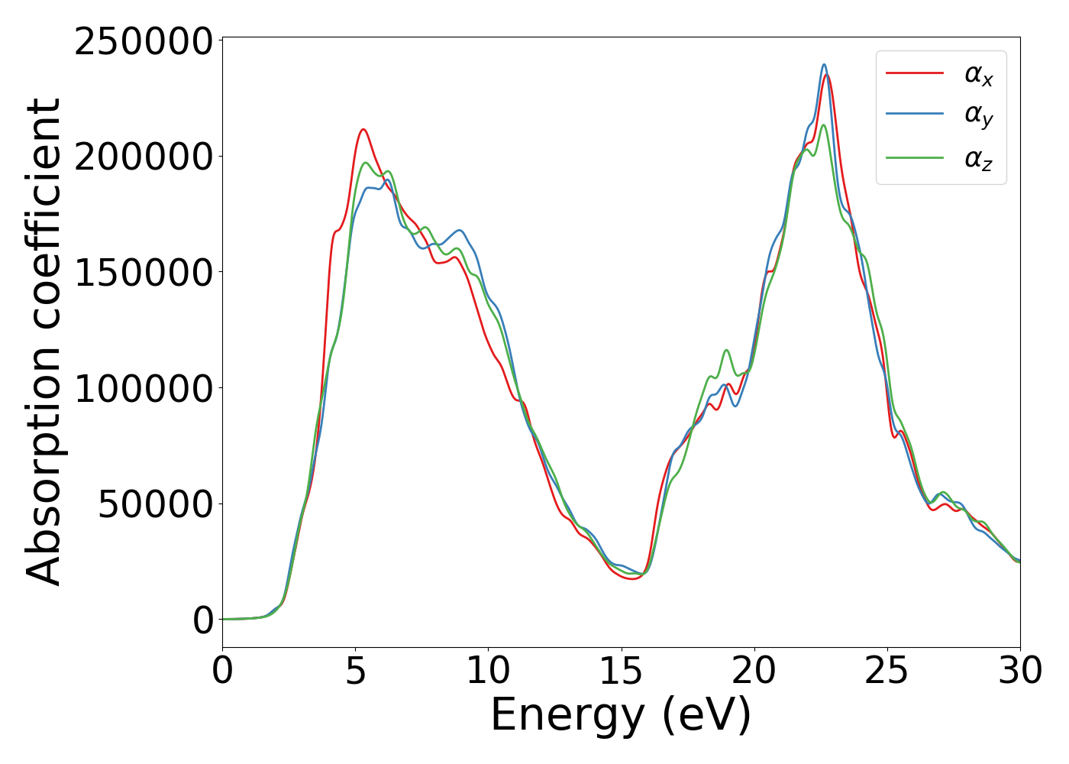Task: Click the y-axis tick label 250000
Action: (143, 41)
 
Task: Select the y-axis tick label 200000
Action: (143, 157)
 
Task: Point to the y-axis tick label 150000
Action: (143, 273)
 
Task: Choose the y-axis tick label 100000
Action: (143, 388)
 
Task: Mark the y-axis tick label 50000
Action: (155, 504)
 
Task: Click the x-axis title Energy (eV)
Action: (621, 716)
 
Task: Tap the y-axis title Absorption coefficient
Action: (44, 342)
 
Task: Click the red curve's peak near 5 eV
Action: (363, 130)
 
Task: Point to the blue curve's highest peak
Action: (824, 65)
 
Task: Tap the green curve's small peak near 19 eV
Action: (726, 350)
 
